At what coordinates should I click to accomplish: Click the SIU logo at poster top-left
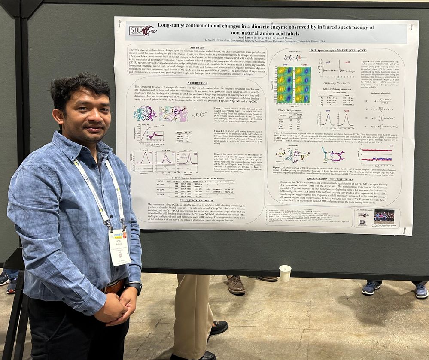click(143, 30)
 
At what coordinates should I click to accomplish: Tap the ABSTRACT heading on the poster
click(197, 48)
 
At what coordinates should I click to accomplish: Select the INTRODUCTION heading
click(197, 83)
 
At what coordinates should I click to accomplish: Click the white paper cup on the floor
click(285, 273)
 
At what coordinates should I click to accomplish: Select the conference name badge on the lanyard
click(119, 247)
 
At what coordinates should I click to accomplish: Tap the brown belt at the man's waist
click(114, 287)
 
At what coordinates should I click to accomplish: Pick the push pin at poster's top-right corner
click(411, 27)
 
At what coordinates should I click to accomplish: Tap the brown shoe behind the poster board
click(236, 285)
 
